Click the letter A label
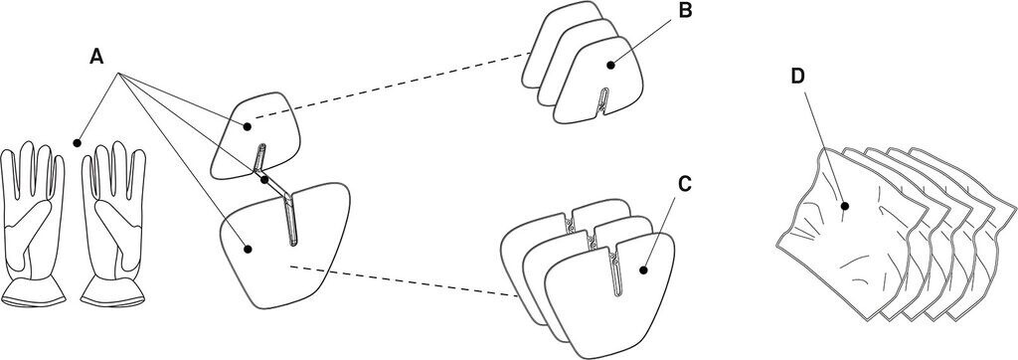coord(96,58)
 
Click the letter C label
coord(684,185)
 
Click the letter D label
coord(798,77)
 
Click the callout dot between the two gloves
coord(77,141)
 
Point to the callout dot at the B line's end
coord(609,65)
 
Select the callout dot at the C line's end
coord(643,270)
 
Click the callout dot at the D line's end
coord(845,206)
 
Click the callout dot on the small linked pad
coord(247,126)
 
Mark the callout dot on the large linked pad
coord(247,248)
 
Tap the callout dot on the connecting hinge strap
coord(264,180)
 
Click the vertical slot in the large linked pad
coord(290,220)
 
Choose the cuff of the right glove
coord(113,291)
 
